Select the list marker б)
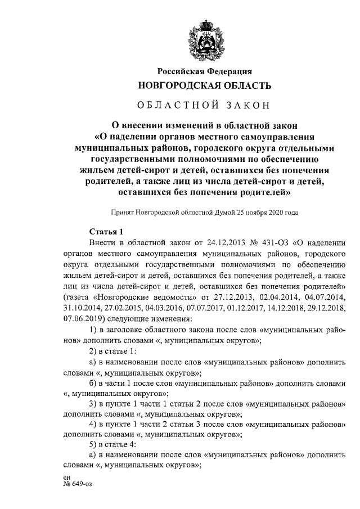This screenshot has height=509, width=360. pyautogui.click(x=94, y=381)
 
